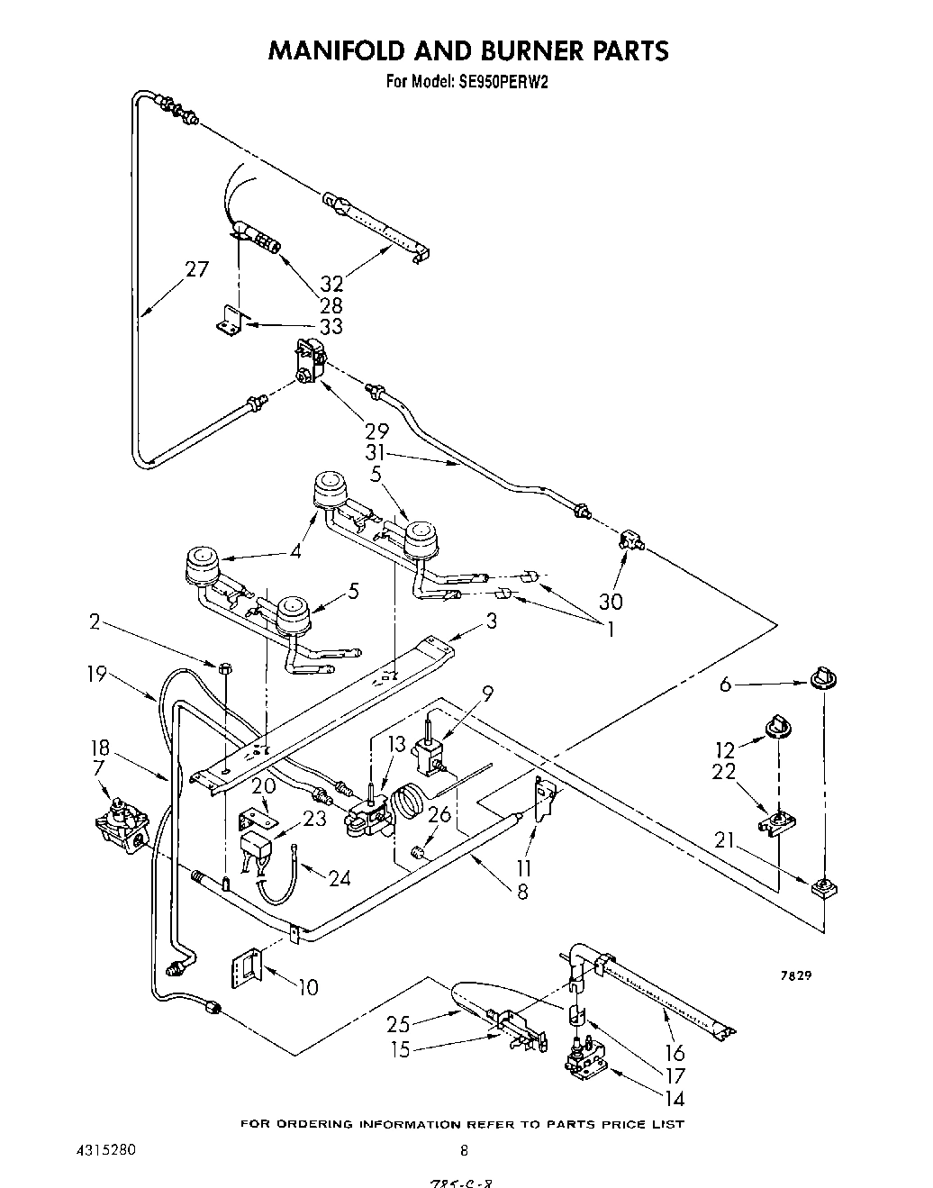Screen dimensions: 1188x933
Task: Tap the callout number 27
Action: pos(196,269)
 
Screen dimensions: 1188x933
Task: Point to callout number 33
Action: pos(331,326)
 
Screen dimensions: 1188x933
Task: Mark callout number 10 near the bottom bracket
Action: pos(307,987)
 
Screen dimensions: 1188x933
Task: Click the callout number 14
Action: pos(672,1099)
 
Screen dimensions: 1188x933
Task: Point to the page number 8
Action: pos(464,1150)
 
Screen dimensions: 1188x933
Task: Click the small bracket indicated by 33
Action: pos(231,320)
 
